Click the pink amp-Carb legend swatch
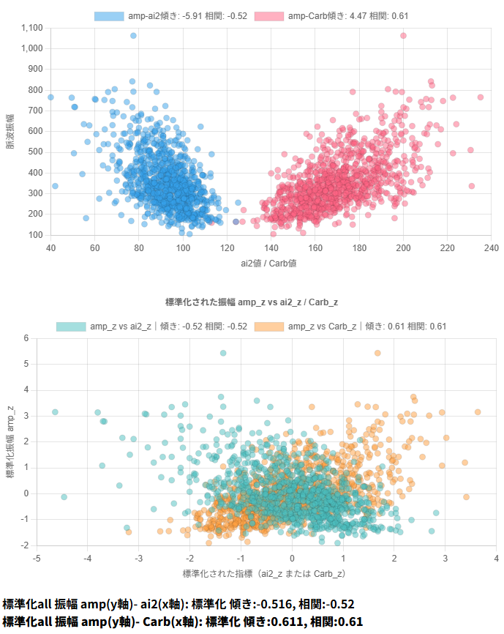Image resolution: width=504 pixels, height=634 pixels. click(270, 16)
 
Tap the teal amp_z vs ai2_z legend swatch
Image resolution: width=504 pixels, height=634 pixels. click(73, 327)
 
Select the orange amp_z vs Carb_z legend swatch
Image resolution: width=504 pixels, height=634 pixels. click(271, 327)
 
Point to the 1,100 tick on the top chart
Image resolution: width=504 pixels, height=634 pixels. click(33, 28)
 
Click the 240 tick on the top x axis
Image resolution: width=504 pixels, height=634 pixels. click(492, 247)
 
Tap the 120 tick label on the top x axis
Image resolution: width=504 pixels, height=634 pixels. click(227, 247)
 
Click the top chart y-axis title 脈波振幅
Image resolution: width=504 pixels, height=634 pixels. click(10, 132)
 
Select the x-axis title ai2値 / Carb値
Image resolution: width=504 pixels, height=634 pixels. click(270, 262)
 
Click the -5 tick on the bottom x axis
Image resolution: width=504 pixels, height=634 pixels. click(37, 558)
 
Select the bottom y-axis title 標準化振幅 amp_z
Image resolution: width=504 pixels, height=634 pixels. click(10, 441)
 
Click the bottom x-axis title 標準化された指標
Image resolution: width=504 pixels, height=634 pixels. click(264, 573)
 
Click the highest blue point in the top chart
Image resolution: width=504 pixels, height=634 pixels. click(133, 36)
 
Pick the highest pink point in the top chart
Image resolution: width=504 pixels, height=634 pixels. click(403, 36)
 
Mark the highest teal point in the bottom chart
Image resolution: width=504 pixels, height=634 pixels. click(223, 353)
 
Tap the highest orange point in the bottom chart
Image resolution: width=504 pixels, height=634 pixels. click(377, 353)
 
